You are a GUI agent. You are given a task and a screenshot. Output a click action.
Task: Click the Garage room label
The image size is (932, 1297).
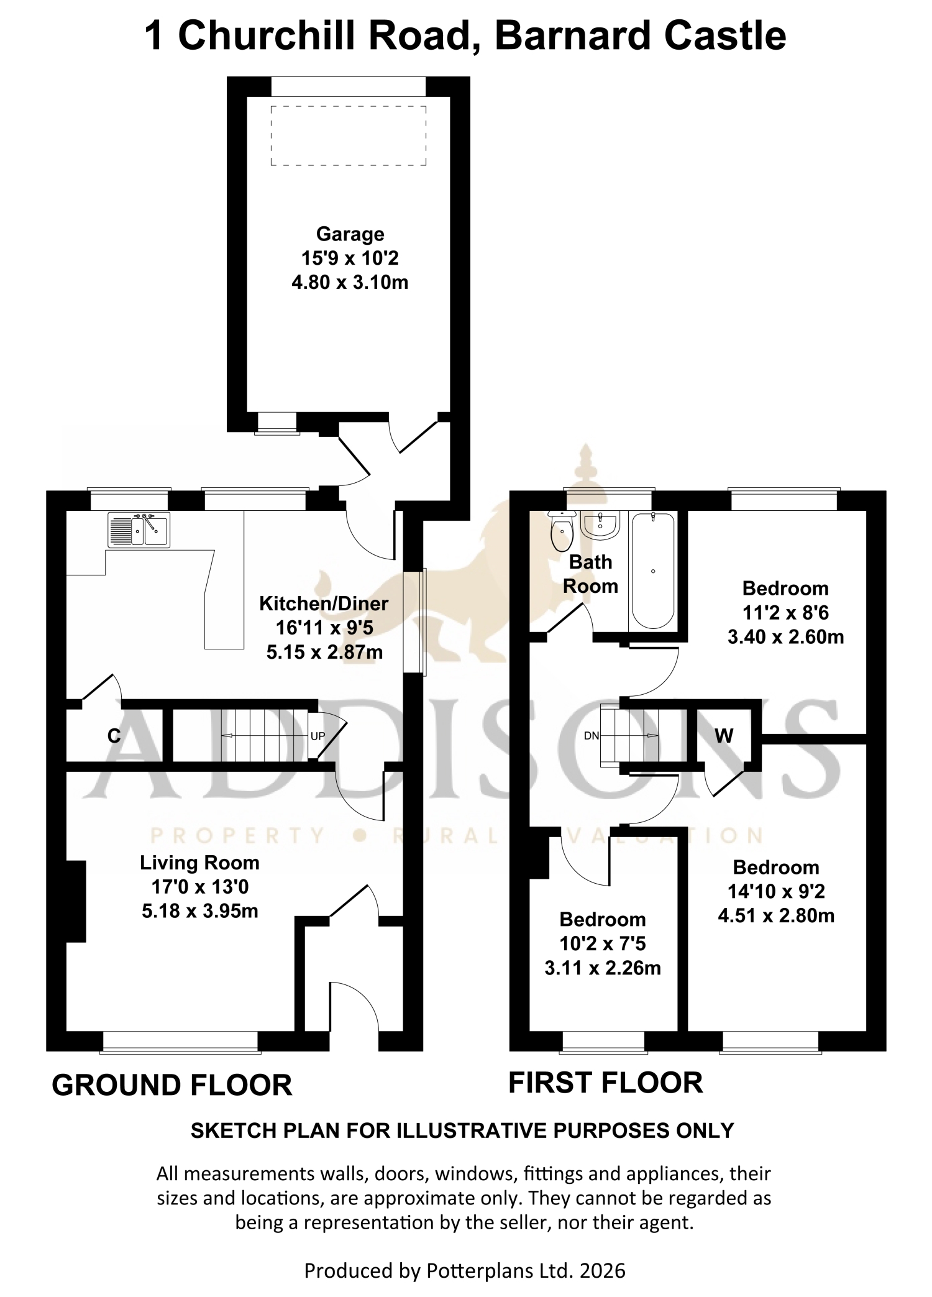(350, 234)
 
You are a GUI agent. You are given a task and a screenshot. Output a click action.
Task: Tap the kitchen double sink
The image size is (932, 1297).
(139, 529)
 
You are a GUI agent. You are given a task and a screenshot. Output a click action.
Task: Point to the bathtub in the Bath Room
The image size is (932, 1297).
(652, 571)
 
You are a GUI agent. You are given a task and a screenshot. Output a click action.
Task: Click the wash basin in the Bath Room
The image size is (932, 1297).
(600, 525)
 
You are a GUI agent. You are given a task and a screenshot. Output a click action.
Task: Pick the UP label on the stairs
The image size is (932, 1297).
(318, 736)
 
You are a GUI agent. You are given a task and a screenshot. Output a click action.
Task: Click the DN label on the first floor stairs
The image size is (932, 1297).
(592, 736)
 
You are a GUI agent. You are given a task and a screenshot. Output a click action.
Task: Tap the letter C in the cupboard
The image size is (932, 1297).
(114, 736)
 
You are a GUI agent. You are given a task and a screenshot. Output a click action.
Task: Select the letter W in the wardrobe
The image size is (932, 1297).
(724, 736)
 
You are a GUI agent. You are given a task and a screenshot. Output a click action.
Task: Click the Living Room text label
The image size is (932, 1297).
(199, 863)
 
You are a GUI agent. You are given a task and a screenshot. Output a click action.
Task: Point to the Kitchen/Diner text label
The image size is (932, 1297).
(324, 603)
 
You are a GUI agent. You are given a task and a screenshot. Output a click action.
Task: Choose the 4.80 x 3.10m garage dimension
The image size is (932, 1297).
(350, 283)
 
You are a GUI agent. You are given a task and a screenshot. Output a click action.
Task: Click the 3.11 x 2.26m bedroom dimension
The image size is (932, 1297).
(603, 968)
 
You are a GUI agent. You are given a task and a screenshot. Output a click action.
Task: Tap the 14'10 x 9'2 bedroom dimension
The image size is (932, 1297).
(776, 891)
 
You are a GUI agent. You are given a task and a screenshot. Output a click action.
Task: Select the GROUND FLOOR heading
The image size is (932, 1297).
(172, 1085)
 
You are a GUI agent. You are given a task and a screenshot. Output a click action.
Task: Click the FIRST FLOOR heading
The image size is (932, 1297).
(606, 1083)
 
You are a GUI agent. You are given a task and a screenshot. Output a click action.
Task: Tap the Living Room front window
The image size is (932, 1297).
(180, 1042)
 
